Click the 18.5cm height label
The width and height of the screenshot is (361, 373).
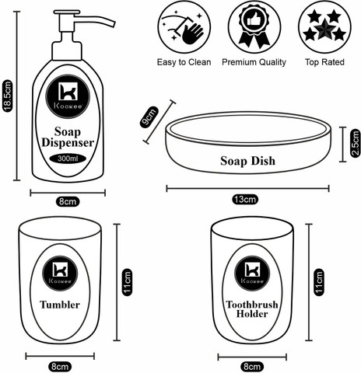(x=8, y=96)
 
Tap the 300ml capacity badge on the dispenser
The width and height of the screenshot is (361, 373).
(x=68, y=159)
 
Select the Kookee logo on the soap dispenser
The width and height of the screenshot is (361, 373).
(x=68, y=96)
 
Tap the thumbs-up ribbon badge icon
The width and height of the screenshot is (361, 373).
(x=254, y=26)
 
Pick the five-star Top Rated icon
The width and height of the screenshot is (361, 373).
(x=324, y=26)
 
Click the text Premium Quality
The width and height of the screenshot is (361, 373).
(x=254, y=62)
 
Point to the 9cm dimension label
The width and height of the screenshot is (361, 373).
(x=149, y=117)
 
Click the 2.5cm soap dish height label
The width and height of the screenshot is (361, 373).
(x=356, y=143)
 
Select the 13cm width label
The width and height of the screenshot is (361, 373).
(x=245, y=199)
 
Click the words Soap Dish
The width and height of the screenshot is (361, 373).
(x=247, y=161)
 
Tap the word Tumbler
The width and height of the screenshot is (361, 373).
(x=60, y=305)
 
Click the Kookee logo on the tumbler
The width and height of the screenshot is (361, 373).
(x=60, y=273)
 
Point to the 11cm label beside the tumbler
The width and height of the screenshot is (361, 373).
(x=128, y=282)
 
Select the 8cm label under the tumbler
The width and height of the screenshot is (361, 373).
(x=60, y=367)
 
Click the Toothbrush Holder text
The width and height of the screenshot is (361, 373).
(x=252, y=309)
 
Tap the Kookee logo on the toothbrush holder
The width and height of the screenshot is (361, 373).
(x=252, y=273)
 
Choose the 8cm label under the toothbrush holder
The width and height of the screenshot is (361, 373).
(x=252, y=367)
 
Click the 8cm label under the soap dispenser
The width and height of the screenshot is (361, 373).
(x=68, y=201)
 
